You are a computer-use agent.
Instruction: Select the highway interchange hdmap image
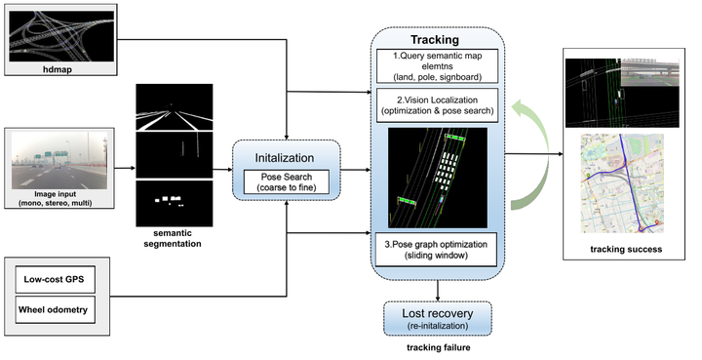65,36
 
